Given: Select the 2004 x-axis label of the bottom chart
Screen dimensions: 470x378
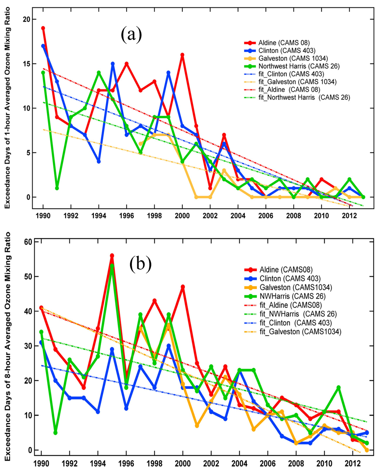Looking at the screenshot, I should coord(240,464).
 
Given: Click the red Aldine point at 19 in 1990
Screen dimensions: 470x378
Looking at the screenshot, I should coord(43,28).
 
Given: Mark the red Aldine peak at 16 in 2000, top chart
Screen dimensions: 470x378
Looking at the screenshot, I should coord(182,55).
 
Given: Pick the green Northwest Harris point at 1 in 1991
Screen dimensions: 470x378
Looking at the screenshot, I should coord(57,188).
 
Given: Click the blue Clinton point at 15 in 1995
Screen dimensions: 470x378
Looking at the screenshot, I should coord(113,64).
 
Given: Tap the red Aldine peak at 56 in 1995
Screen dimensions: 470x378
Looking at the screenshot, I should coord(112,256).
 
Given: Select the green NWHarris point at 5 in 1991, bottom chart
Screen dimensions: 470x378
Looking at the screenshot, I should coord(55,433).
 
